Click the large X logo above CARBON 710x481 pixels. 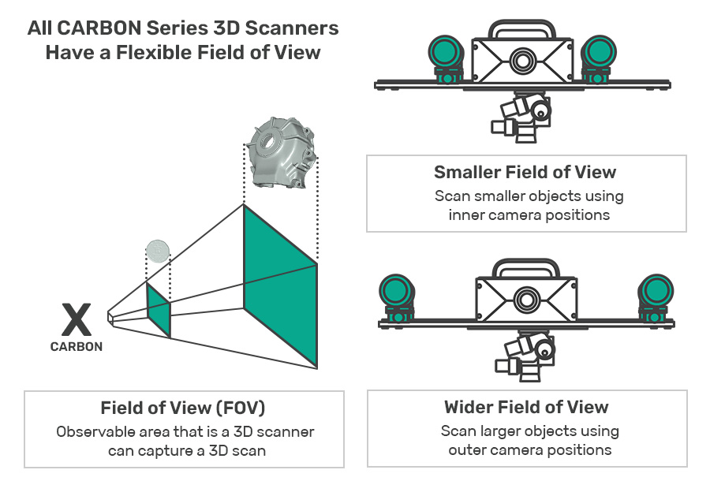(x=76, y=321)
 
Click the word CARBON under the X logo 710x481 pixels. (x=77, y=346)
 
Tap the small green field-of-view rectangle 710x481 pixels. (x=158, y=310)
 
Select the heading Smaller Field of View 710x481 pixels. (x=525, y=172)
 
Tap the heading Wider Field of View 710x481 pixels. (x=526, y=407)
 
